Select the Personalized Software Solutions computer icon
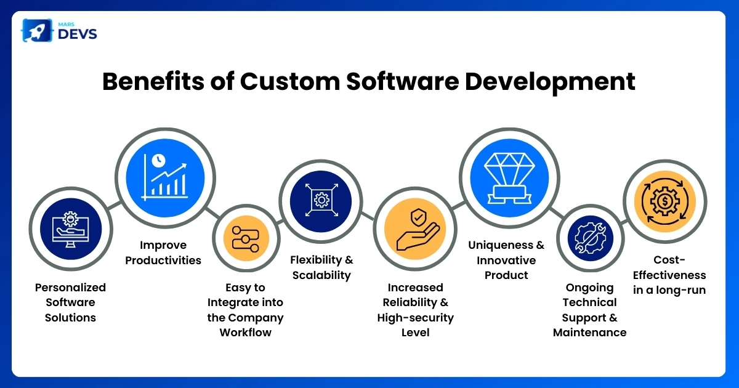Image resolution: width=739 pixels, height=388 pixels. [71, 227]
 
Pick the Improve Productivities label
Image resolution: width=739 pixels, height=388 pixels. [163, 253]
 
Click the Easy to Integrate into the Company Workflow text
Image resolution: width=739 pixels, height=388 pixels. [245, 310]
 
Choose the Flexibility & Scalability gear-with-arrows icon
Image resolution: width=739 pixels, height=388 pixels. [321, 200]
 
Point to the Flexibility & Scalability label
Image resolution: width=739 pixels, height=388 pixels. [321, 267]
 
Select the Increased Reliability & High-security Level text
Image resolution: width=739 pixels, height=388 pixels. [415, 310]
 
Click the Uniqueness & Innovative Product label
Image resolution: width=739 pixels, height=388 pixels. [506, 260]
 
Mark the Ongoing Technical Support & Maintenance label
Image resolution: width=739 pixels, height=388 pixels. [589, 310]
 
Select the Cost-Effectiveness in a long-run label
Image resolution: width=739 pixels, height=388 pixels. [669, 283]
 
